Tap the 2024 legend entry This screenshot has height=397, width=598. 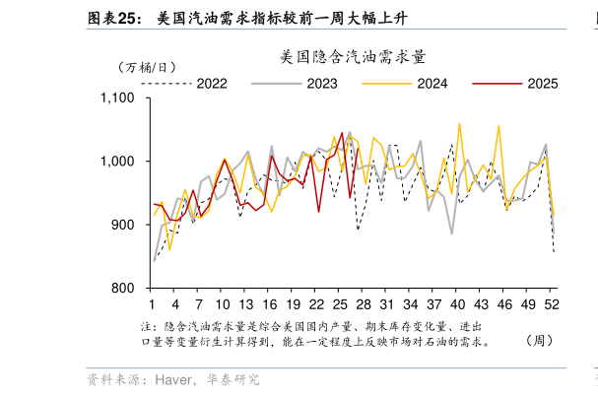(432, 84)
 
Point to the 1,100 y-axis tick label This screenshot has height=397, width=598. (118, 98)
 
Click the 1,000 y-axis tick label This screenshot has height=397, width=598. (118, 162)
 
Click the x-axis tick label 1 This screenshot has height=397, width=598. (152, 303)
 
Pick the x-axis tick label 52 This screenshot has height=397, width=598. (553, 303)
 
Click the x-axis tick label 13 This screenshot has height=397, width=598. (246, 303)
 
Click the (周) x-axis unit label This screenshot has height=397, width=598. (538, 342)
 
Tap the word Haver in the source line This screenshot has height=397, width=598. (174, 379)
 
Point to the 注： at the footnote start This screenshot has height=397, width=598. (149, 325)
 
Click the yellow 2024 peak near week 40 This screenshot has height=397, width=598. (459, 124)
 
